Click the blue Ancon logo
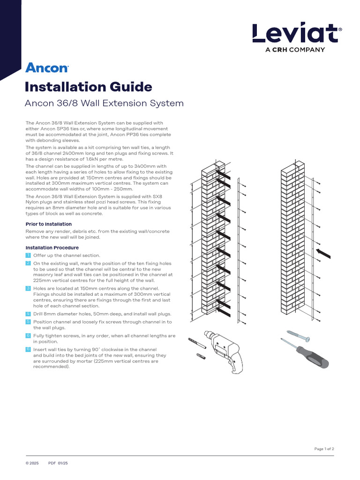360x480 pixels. click(47, 68)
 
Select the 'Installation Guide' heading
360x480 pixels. click(89, 87)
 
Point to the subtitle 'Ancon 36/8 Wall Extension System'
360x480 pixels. click(104, 103)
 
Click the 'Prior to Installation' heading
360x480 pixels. click(48, 224)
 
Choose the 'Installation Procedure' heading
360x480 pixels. click(52, 247)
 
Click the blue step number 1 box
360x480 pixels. click(28, 255)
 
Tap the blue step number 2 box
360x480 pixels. click(28, 263)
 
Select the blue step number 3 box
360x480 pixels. click(28, 288)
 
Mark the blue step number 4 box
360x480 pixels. click(28, 313)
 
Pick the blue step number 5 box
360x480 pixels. click(28, 322)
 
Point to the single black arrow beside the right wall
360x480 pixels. click(323, 253)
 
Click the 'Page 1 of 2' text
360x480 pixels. click(324, 449)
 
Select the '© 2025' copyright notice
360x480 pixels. click(32, 463)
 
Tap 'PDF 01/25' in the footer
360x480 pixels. click(58, 463)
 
